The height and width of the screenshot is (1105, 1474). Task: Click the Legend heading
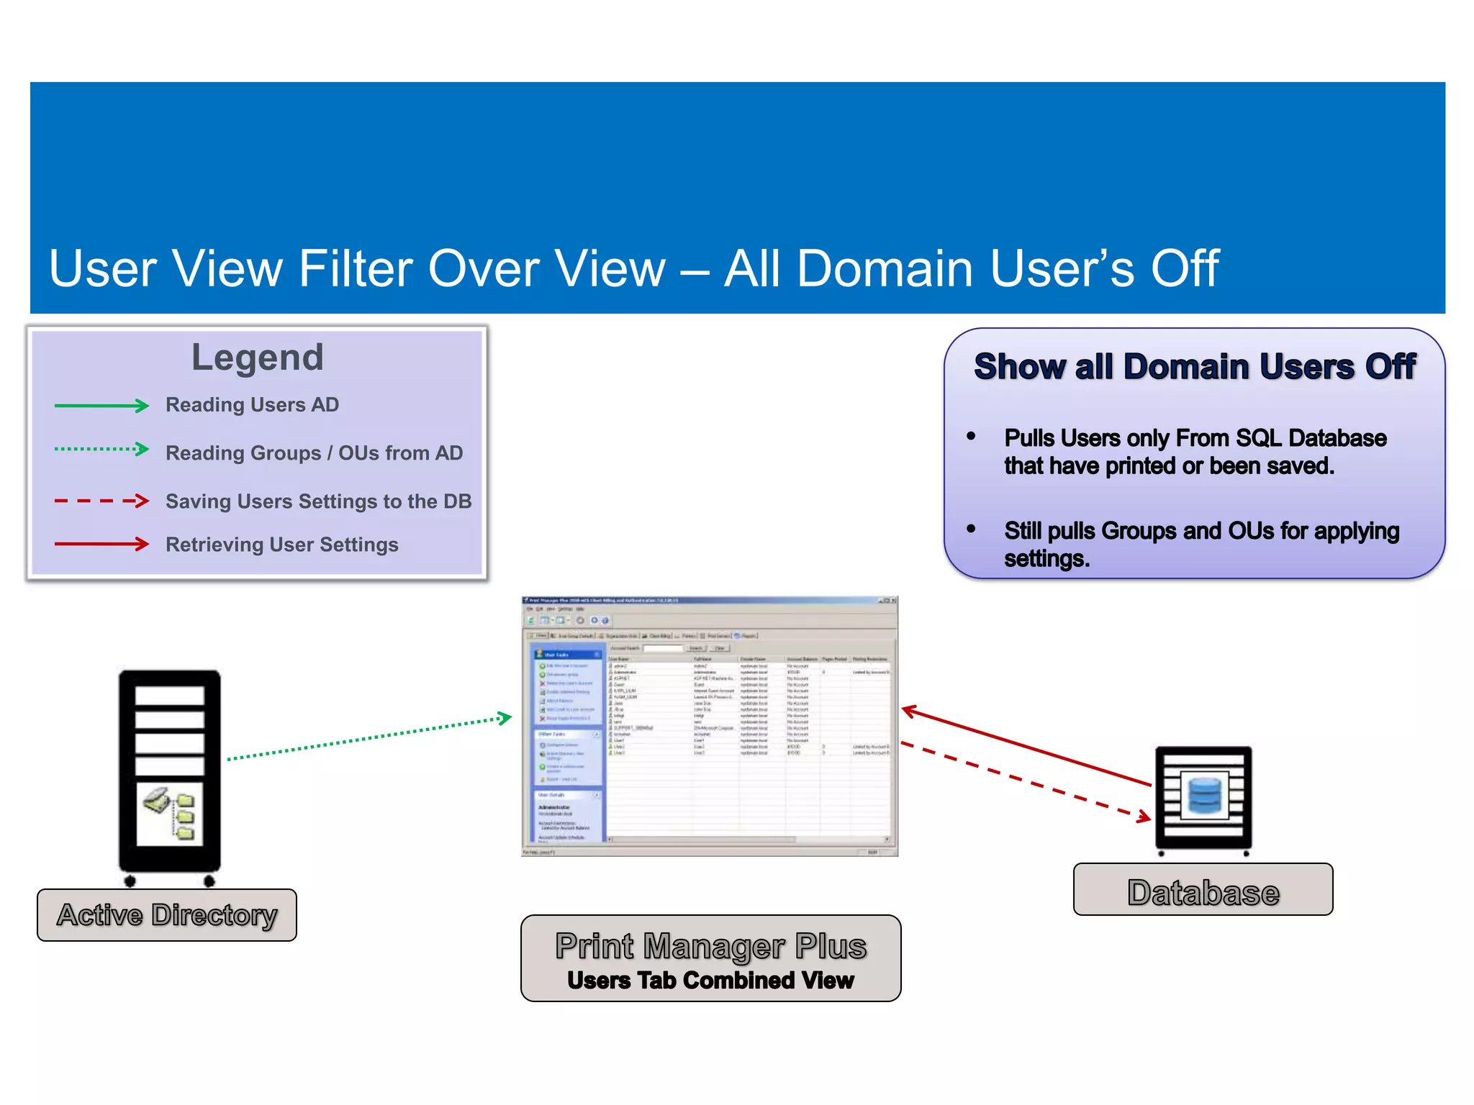[257, 358]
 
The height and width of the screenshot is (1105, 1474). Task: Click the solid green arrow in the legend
[101, 406]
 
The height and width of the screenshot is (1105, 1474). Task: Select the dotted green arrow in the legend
[101, 450]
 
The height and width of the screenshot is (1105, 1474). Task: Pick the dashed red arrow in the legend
[101, 501]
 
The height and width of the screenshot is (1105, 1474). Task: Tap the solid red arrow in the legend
[101, 544]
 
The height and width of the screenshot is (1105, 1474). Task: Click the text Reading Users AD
[252, 405]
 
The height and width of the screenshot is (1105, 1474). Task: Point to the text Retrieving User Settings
[281, 545]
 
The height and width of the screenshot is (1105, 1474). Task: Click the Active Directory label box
[167, 915]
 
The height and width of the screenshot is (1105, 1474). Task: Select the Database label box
[1203, 890]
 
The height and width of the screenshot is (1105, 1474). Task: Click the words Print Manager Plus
[710, 945]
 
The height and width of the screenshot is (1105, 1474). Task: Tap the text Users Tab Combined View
[710, 981]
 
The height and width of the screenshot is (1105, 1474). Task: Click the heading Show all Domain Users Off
[1194, 367]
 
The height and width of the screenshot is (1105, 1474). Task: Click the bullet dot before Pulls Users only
[971, 436]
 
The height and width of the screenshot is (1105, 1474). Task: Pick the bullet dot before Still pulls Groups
[971, 529]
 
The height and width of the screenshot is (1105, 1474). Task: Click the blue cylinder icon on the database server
[1204, 795]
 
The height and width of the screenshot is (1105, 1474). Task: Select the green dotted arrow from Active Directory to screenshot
[367, 738]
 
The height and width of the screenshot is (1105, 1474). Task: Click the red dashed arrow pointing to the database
[1026, 782]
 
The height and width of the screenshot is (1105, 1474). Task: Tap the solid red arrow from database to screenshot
[1026, 747]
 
